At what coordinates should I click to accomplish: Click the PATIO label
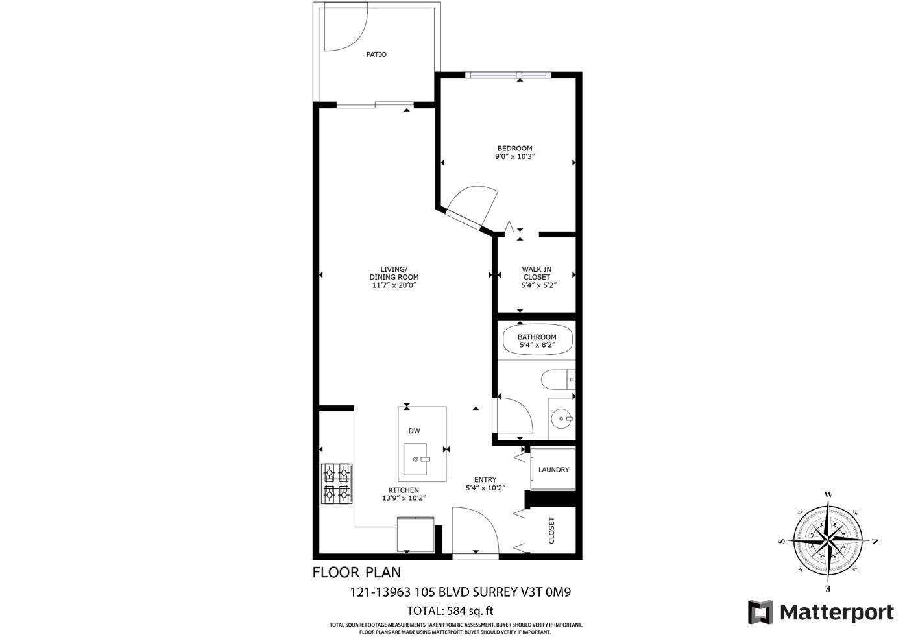(376, 54)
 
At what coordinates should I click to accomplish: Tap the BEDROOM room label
(514, 148)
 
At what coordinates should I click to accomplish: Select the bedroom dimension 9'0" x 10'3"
(514, 156)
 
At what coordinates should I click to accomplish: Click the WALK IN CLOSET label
(537, 273)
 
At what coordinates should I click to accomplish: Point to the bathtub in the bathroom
(537, 341)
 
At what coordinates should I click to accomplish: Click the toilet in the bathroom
(557, 378)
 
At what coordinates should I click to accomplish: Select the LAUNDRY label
(553, 470)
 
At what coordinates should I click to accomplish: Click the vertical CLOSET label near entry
(552, 530)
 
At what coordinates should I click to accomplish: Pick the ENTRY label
(485, 480)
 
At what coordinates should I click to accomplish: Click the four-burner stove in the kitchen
(337, 483)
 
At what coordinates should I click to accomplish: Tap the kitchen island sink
(416, 459)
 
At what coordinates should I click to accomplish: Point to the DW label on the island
(414, 431)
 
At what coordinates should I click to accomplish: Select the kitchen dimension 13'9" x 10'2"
(404, 498)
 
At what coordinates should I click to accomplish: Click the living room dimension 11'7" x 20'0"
(394, 285)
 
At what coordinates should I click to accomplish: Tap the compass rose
(828, 540)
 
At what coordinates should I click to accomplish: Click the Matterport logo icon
(760, 612)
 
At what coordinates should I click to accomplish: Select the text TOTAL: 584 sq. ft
(450, 610)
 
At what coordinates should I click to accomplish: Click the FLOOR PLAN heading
(356, 572)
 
